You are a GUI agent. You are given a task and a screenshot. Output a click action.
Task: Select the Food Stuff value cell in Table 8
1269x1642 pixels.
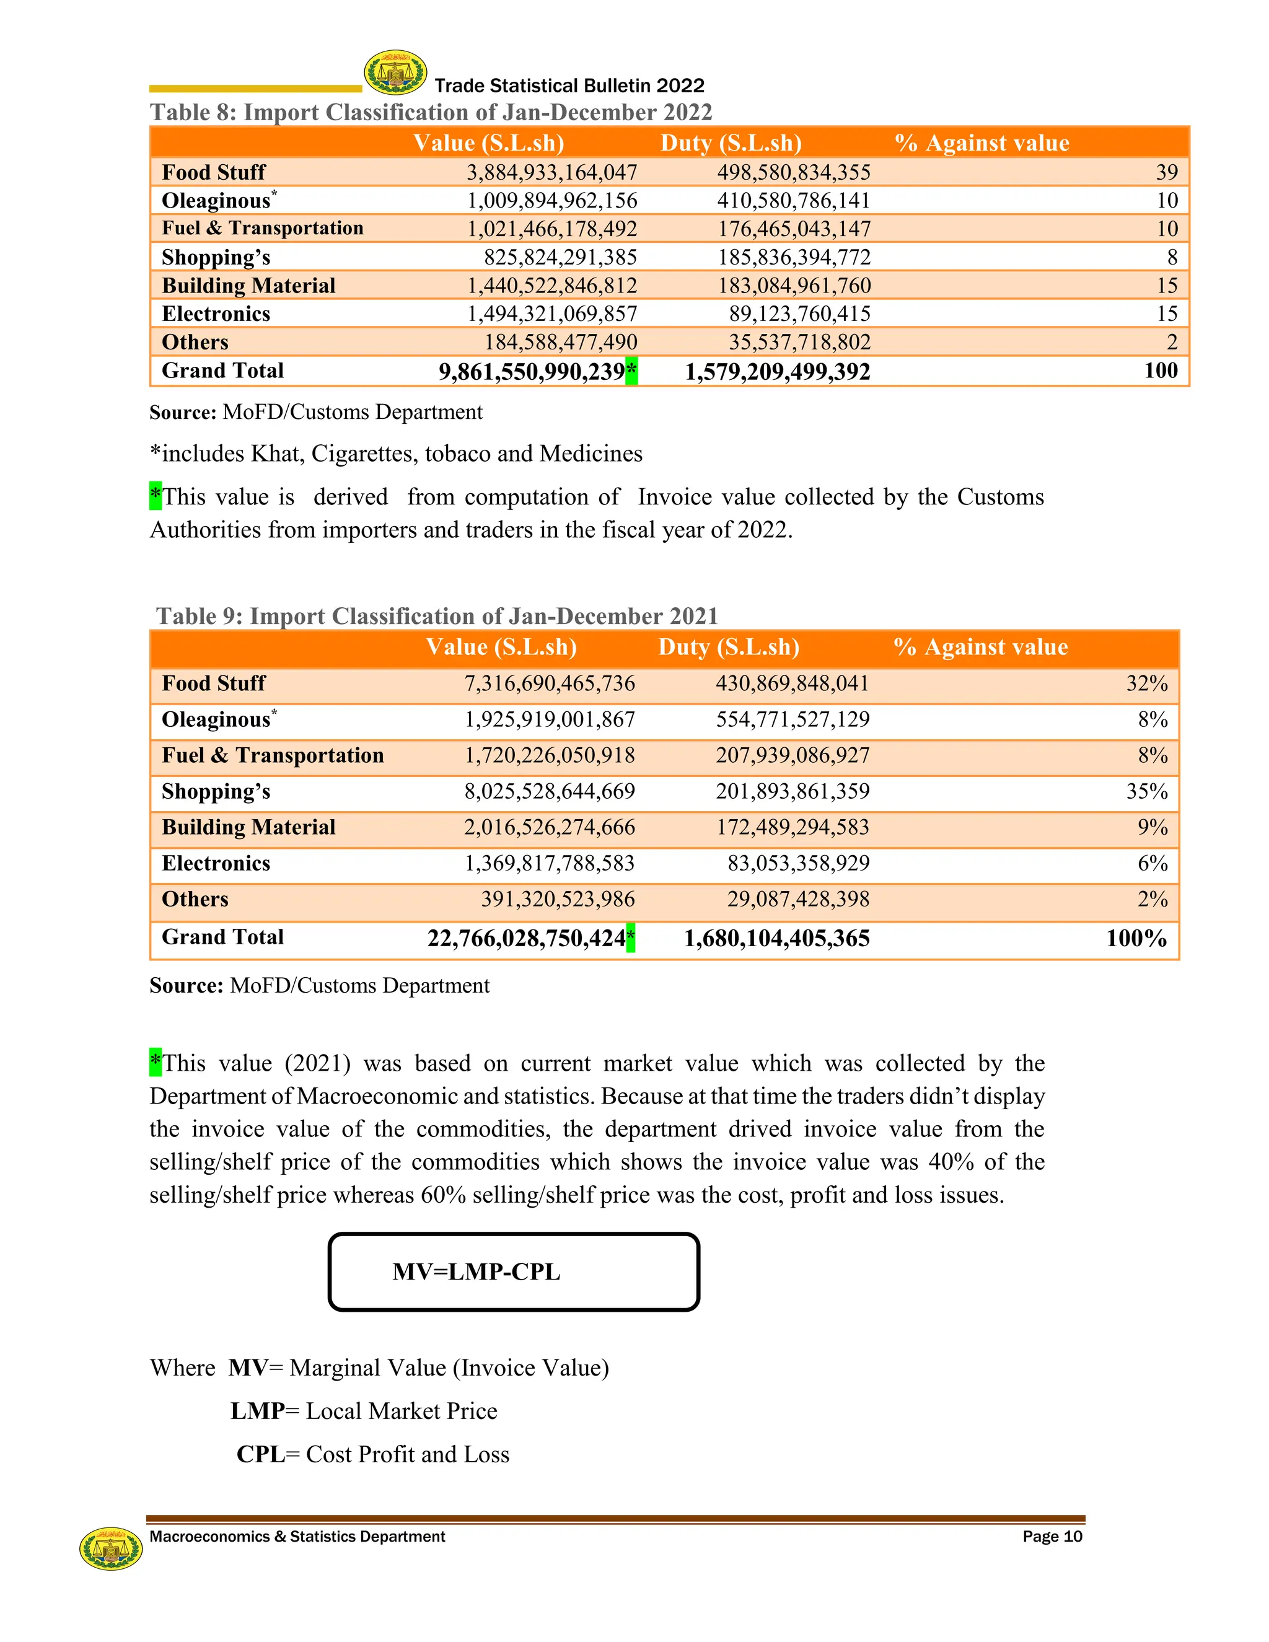point(552,172)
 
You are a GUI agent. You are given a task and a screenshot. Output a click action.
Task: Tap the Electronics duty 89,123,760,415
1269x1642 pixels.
point(799,314)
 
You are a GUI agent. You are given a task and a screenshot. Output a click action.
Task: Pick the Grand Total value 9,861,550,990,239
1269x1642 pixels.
point(532,371)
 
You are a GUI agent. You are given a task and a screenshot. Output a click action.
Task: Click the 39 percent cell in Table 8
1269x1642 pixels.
point(1166,172)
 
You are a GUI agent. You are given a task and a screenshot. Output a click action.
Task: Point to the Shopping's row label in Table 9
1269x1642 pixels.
point(216,791)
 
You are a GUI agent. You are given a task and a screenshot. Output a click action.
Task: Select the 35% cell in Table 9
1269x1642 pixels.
point(1146,791)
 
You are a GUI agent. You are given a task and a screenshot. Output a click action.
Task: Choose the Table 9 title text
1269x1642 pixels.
point(437,616)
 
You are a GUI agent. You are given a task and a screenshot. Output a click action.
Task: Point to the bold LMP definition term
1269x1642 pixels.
point(257,1411)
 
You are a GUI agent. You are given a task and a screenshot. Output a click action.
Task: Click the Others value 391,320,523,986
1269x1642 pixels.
point(558,899)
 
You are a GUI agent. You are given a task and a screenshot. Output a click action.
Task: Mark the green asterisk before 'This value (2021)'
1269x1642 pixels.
point(156,1061)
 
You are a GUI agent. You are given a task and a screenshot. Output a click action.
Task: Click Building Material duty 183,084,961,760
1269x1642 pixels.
point(794,286)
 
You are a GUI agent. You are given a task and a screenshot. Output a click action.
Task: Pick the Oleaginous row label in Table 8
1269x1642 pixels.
point(216,201)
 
